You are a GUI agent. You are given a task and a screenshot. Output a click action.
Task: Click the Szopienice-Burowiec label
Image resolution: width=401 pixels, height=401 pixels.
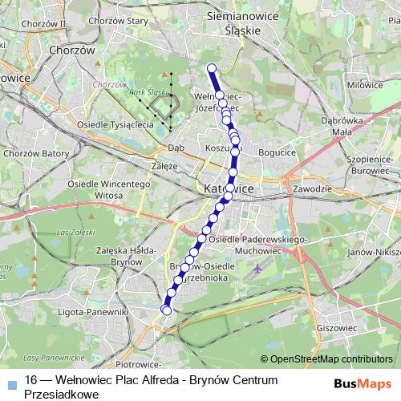coord(369,165)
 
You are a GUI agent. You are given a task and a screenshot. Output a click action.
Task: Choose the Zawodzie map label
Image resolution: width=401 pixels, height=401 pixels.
coord(313,189)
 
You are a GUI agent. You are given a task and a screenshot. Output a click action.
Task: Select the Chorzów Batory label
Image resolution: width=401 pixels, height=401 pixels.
coord(33,152)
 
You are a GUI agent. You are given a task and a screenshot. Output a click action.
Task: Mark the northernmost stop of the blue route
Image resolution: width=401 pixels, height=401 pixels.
coord(212,68)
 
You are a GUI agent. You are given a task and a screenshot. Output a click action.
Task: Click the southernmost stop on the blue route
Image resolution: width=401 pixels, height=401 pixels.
coord(167,310)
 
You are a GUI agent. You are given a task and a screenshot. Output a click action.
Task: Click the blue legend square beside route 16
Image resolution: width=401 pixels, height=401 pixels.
coord(10,381)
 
